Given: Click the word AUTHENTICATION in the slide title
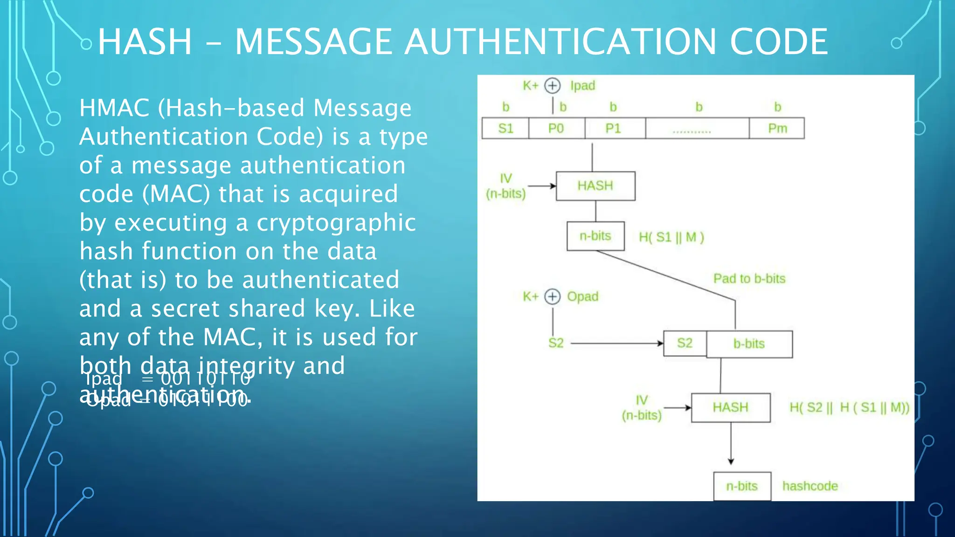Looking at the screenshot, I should [560, 42].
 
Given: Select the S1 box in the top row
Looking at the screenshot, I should [505, 128].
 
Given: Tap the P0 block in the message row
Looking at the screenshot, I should [556, 128].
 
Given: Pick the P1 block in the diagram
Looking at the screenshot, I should [613, 128].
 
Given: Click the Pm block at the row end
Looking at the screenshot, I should [777, 128].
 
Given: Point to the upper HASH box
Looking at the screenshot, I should [595, 186].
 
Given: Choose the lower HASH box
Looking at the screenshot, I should [730, 407].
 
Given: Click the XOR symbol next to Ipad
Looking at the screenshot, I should [553, 86].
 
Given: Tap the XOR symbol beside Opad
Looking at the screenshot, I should [553, 296].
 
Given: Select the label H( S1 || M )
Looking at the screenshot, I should [671, 237].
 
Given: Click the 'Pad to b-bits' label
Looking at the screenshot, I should [749, 279].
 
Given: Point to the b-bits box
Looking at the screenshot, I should [749, 344].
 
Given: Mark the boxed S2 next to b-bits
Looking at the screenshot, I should [685, 343].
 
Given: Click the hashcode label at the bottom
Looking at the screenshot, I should [810, 486].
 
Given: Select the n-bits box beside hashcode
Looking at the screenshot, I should [742, 486].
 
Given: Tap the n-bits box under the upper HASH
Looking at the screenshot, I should [595, 236].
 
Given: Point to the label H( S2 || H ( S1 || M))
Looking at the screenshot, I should [849, 407].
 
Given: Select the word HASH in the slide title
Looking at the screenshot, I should [145, 42].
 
